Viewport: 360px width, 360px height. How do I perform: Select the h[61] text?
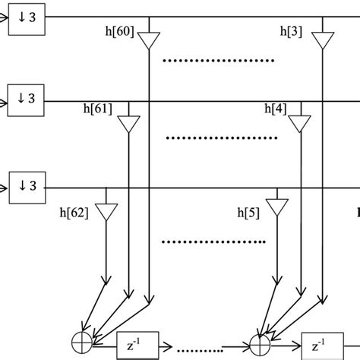96,109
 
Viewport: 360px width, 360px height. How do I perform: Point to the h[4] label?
275,109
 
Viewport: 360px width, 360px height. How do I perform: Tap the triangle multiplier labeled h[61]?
130,124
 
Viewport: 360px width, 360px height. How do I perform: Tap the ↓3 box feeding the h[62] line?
27,185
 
